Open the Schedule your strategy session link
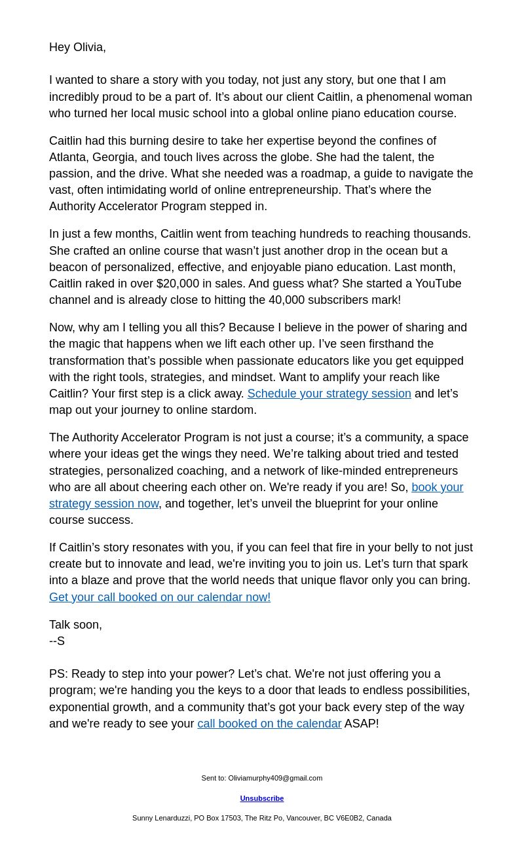pyautogui.click(x=329, y=394)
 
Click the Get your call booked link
pyautogui.click(x=160, y=597)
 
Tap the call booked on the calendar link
pyautogui.click(x=269, y=724)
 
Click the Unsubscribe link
pyautogui.click(x=262, y=798)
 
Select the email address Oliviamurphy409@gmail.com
pyautogui.click(x=275, y=778)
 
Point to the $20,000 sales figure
pyautogui.click(x=178, y=284)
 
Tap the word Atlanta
pyautogui.click(x=67, y=157)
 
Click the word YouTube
pyautogui.click(x=437, y=284)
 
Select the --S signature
pyautogui.click(x=57, y=641)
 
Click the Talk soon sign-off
pyautogui.click(x=75, y=625)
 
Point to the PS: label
pyautogui.click(x=58, y=674)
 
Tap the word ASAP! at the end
pyautogui.click(x=362, y=724)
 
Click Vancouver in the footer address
pyautogui.click(x=303, y=818)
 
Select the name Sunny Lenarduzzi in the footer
pyautogui.click(x=161, y=818)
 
